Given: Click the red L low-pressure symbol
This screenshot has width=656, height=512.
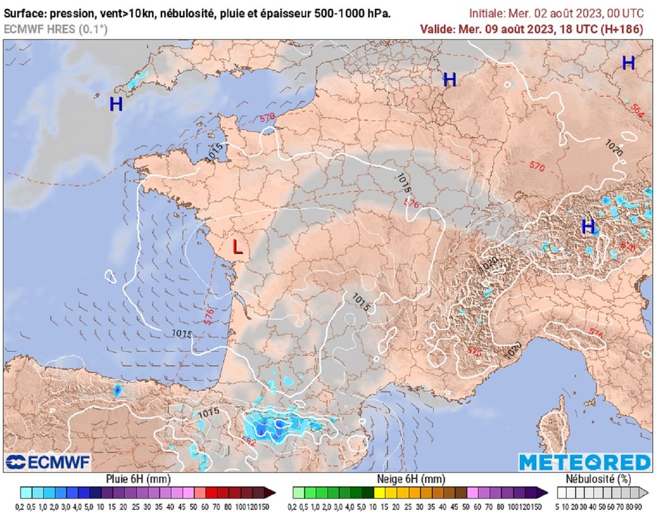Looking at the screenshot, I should (x=237, y=247).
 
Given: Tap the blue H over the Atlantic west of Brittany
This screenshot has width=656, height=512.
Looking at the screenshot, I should (x=115, y=104).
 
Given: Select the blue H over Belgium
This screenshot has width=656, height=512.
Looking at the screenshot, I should (x=450, y=79).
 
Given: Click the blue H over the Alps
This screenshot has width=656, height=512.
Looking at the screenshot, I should (x=587, y=226).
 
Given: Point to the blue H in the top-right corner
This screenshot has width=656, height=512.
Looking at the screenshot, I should (x=628, y=63).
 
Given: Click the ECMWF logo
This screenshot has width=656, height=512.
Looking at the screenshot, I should (x=48, y=462).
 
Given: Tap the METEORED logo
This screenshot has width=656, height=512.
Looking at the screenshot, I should (x=584, y=462).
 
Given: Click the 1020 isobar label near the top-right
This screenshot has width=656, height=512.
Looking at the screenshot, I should (x=614, y=145).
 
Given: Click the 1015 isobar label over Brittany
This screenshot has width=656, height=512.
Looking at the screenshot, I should (x=215, y=152).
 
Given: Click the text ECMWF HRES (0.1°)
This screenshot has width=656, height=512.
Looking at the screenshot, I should (x=56, y=29).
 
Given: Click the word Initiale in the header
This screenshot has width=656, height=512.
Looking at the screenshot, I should (x=486, y=13).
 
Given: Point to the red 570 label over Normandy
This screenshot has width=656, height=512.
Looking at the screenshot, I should (x=267, y=118).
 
